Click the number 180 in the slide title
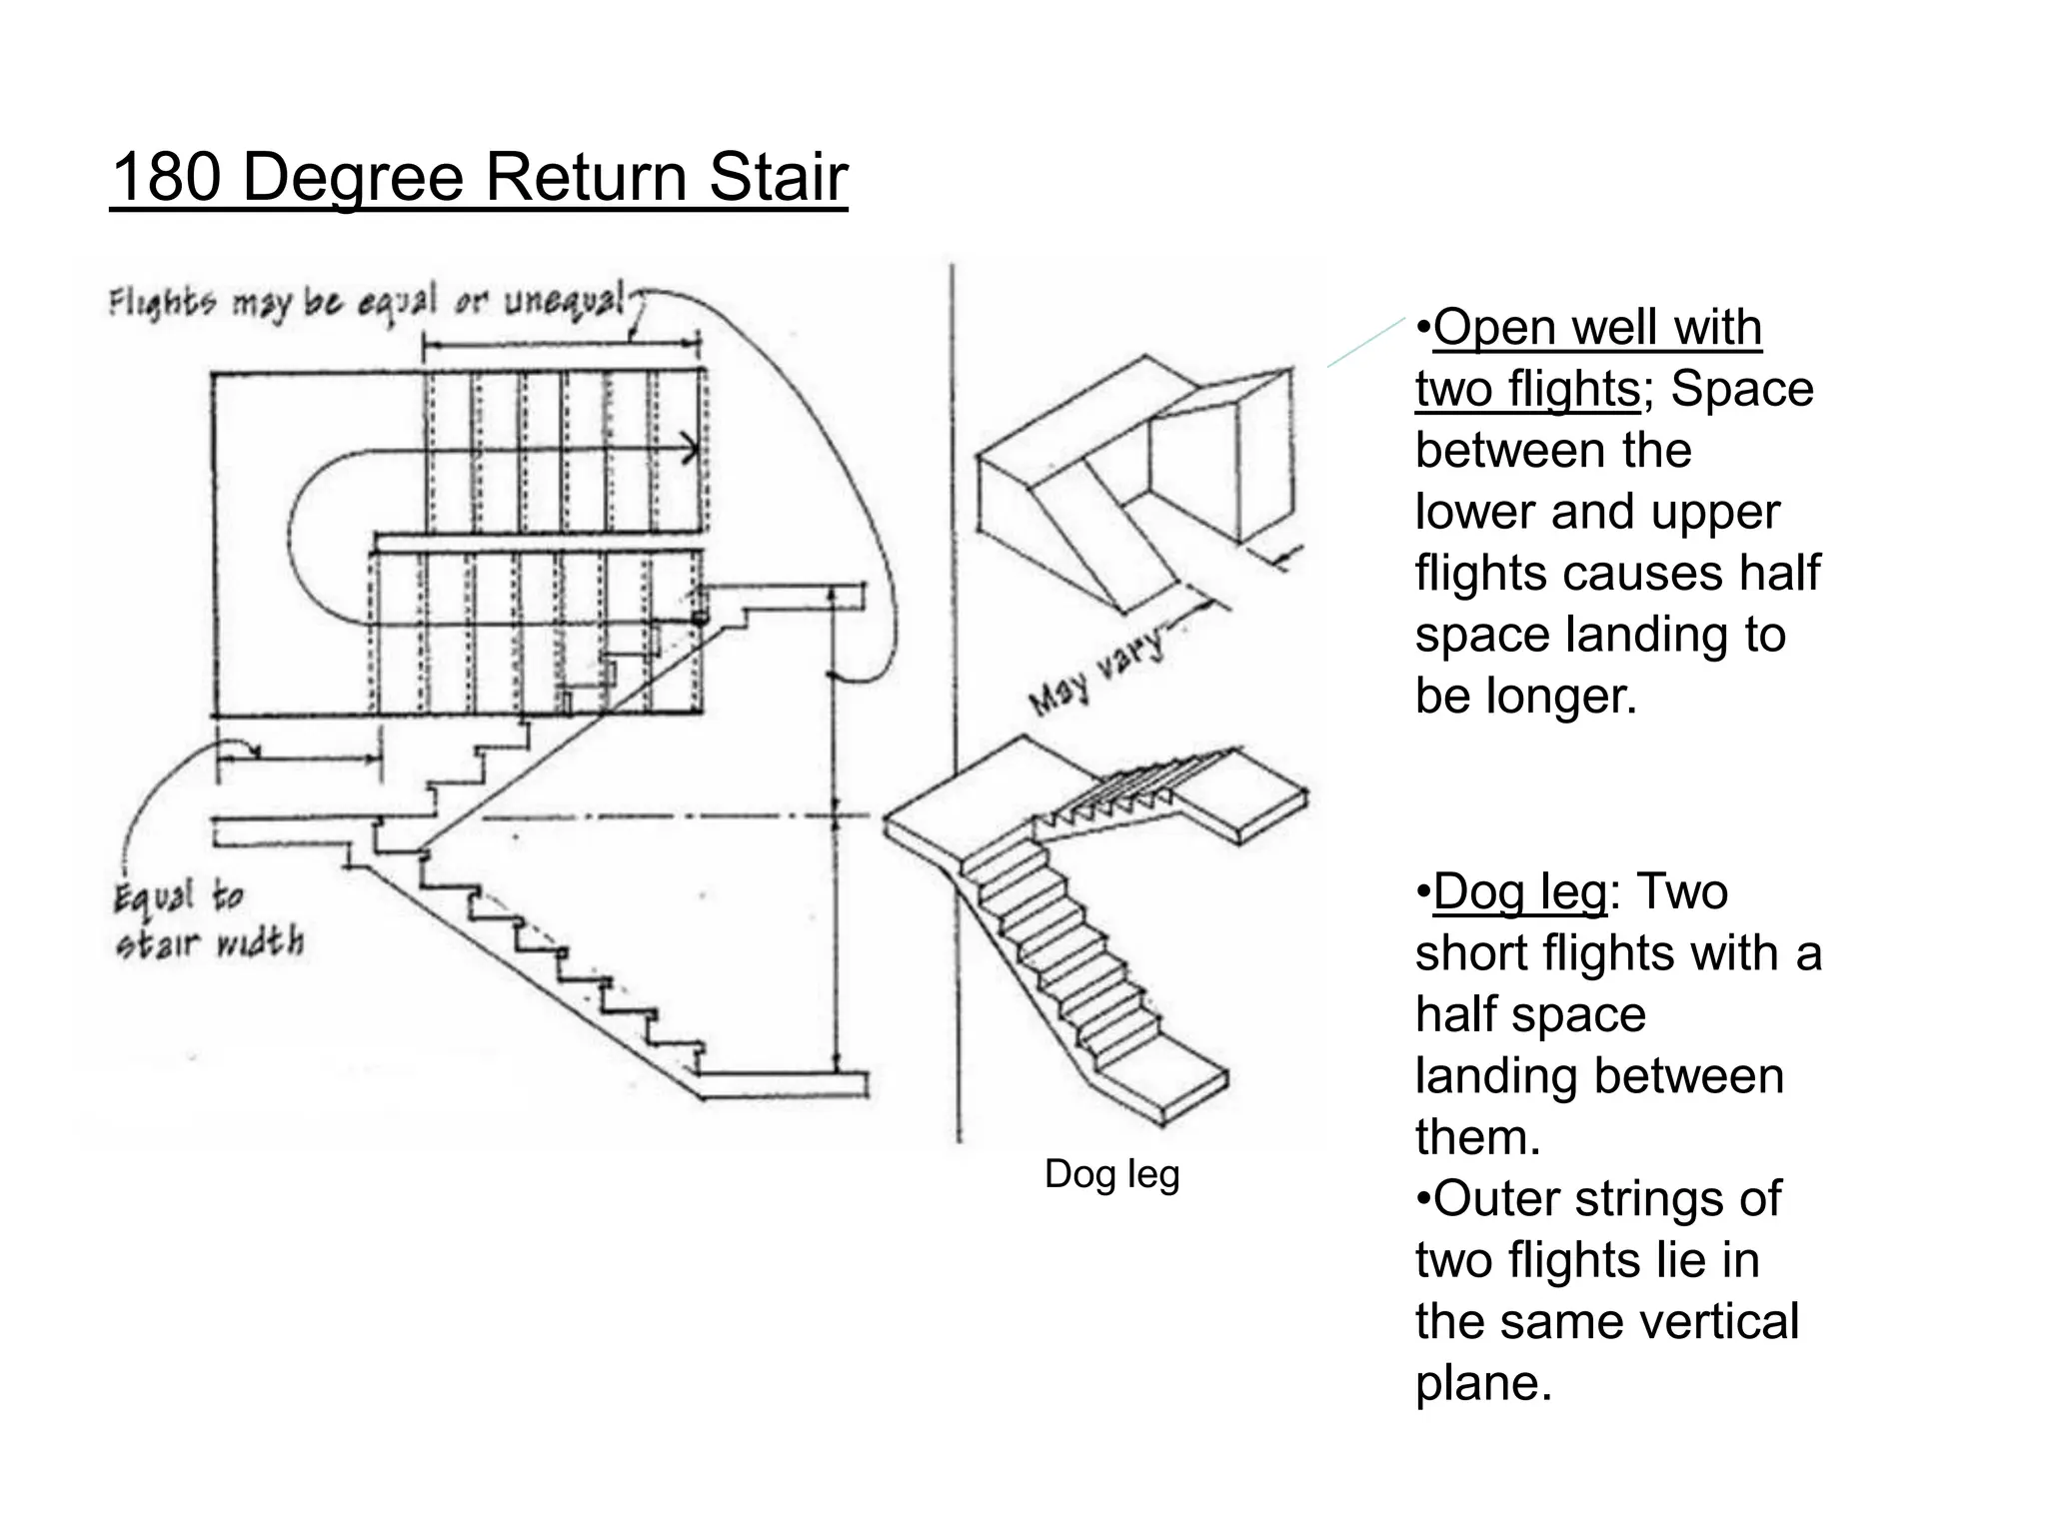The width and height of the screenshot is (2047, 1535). [x=165, y=177]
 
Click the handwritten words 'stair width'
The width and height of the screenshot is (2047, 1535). [x=209, y=942]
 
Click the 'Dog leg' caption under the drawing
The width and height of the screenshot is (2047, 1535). [x=1111, y=1174]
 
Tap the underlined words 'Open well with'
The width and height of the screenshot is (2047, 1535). [x=1596, y=328]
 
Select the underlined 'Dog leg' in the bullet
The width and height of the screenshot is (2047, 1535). [x=1519, y=891]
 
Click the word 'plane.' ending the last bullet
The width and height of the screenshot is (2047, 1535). [x=1483, y=1383]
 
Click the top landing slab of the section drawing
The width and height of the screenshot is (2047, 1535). [x=790, y=596]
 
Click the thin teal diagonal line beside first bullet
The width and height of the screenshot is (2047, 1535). [x=1365, y=343]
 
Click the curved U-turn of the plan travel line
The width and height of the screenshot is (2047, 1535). [x=295, y=530]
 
